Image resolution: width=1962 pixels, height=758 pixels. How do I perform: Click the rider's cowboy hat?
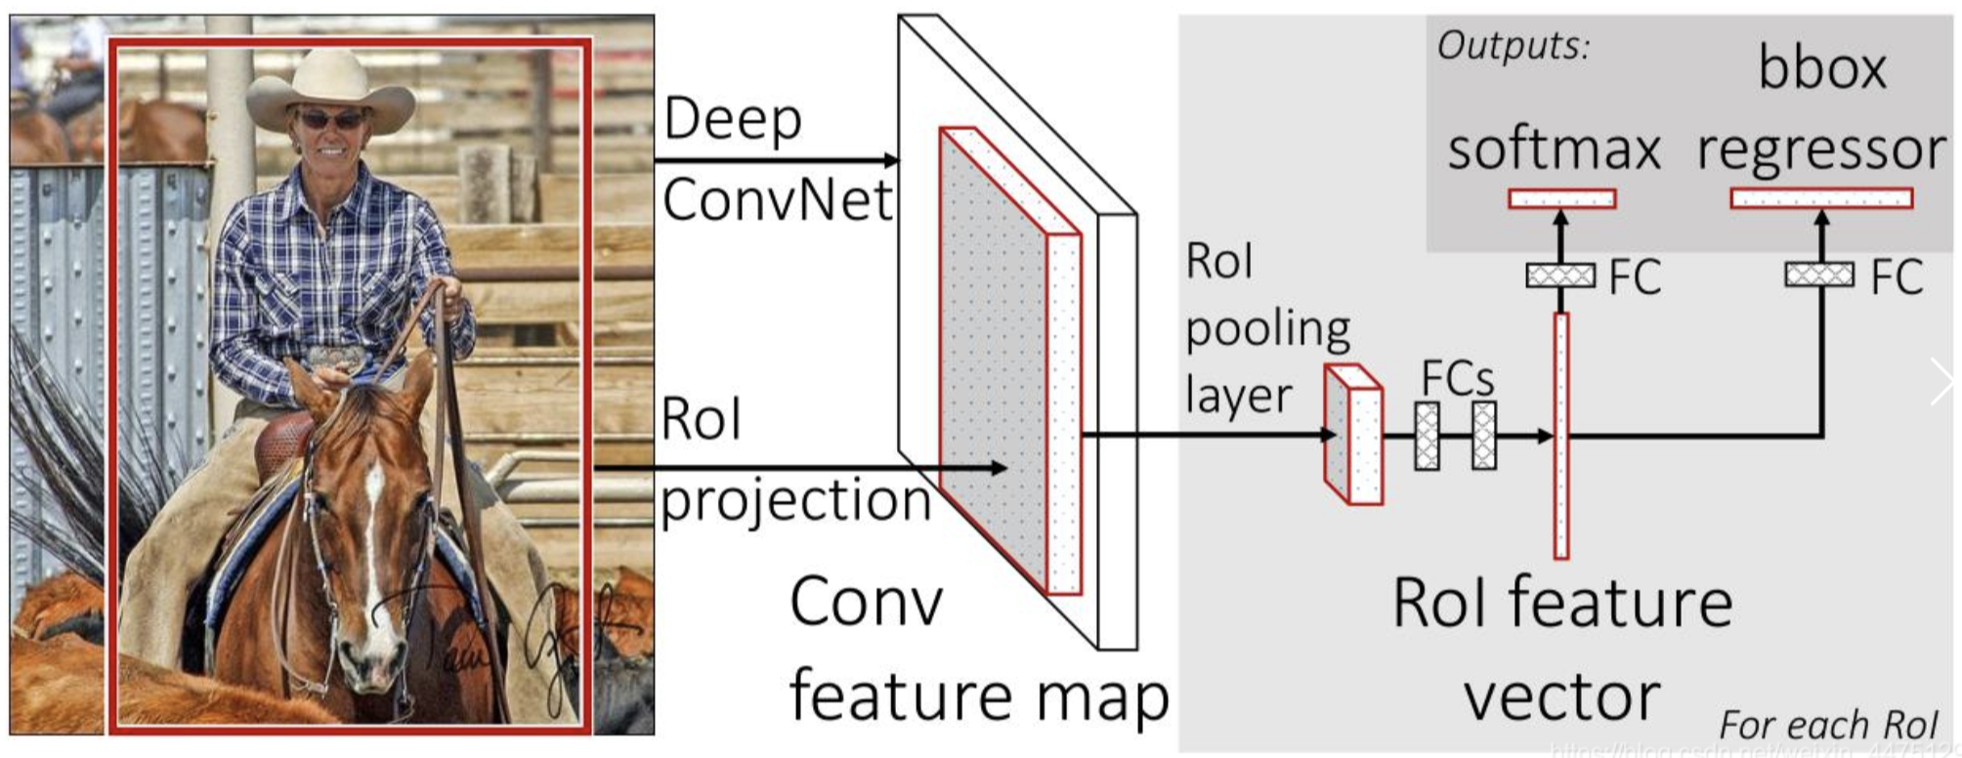coord(329,88)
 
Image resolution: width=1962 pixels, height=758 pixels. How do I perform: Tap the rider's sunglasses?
coord(331,120)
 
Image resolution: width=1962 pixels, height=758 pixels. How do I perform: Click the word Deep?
coord(733,120)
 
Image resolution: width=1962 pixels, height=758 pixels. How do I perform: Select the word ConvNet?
coord(778,200)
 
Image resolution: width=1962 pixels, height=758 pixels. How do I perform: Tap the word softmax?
coord(1554,149)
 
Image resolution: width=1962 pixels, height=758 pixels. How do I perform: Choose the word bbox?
coord(1822,68)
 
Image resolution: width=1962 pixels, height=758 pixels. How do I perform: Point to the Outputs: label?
coord(1514,45)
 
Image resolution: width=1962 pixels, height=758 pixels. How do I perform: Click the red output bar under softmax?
coord(1561,199)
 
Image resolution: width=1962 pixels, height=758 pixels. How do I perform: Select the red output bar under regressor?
coord(1821,199)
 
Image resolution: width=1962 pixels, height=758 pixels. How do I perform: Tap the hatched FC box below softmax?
coord(1560,275)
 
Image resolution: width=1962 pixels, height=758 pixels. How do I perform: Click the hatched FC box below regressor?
coord(1819,274)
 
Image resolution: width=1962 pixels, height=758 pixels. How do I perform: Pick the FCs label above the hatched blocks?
coord(1457,378)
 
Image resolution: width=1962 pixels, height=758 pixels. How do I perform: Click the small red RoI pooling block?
coord(1354,436)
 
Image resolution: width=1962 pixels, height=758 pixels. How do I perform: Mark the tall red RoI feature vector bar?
coord(1561,436)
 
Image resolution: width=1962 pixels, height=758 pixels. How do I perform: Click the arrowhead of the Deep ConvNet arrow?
coord(890,160)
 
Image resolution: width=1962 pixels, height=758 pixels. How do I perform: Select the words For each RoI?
coord(1828,725)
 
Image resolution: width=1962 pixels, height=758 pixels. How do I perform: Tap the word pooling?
coord(1268,330)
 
